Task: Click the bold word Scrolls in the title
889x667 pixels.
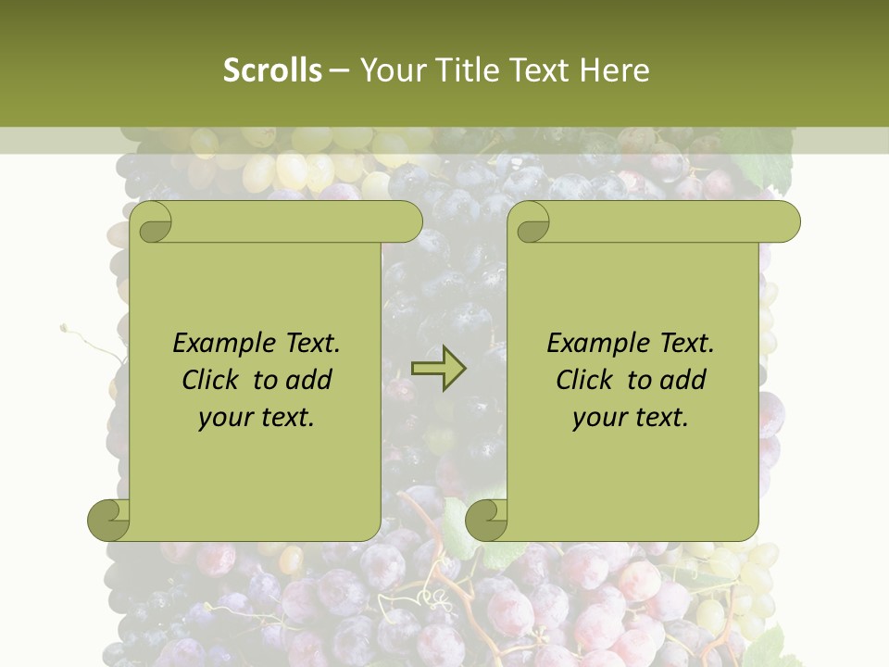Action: (x=272, y=70)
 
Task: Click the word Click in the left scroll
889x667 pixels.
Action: (x=214, y=381)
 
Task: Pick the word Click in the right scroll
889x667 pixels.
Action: (x=588, y=381)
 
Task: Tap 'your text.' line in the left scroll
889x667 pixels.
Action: (x=257, y=418)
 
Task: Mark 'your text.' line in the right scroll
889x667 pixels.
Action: (x=631, y=418)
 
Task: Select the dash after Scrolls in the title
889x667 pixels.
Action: (x=339, y=70)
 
